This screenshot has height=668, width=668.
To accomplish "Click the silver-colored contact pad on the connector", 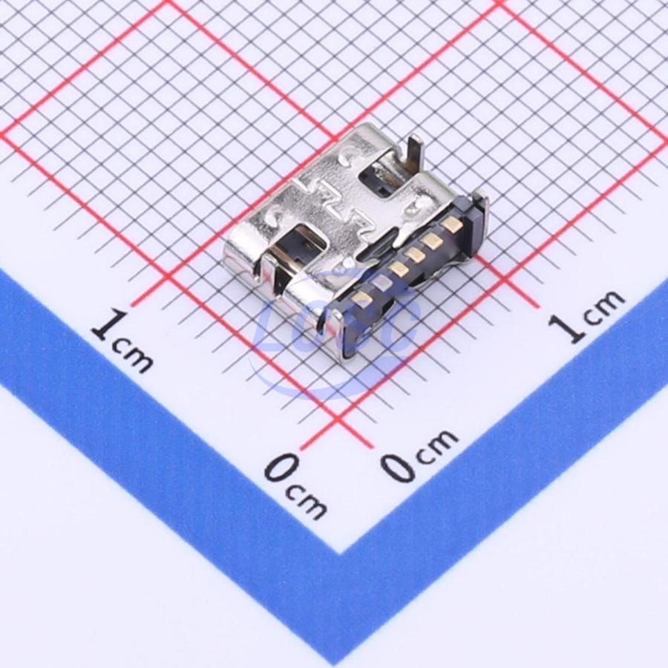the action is tap(382, 281).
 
